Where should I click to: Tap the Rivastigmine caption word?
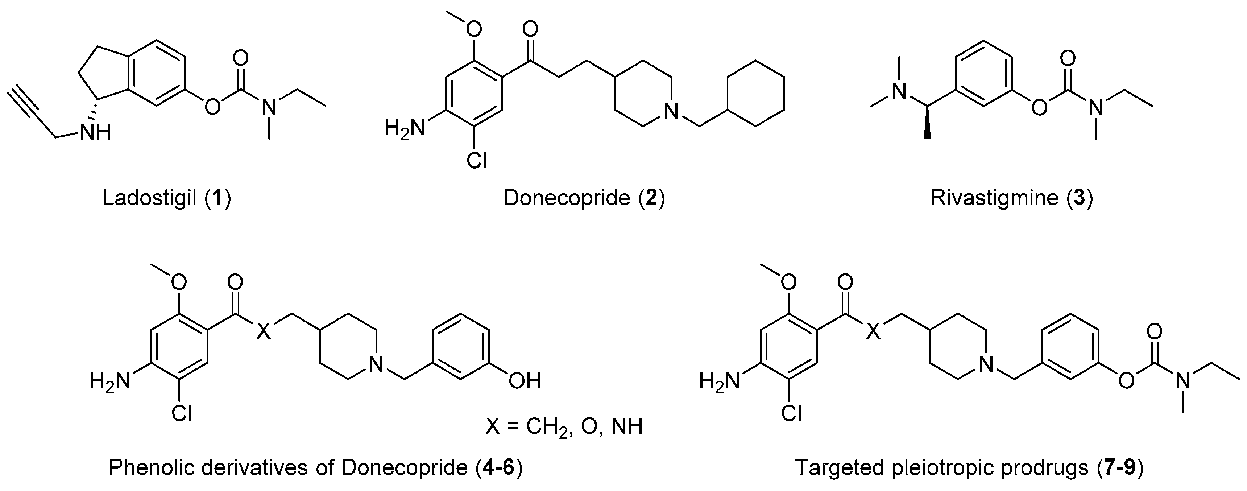pyautogui.click(x=994, y=198)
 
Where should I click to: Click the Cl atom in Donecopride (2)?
pyautogui.click(x=476, y=160)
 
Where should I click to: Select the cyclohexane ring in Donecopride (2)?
pyautogui.click(x=756, y=94)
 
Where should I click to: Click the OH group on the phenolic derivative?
pyautogui.click(x=524, y=381)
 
